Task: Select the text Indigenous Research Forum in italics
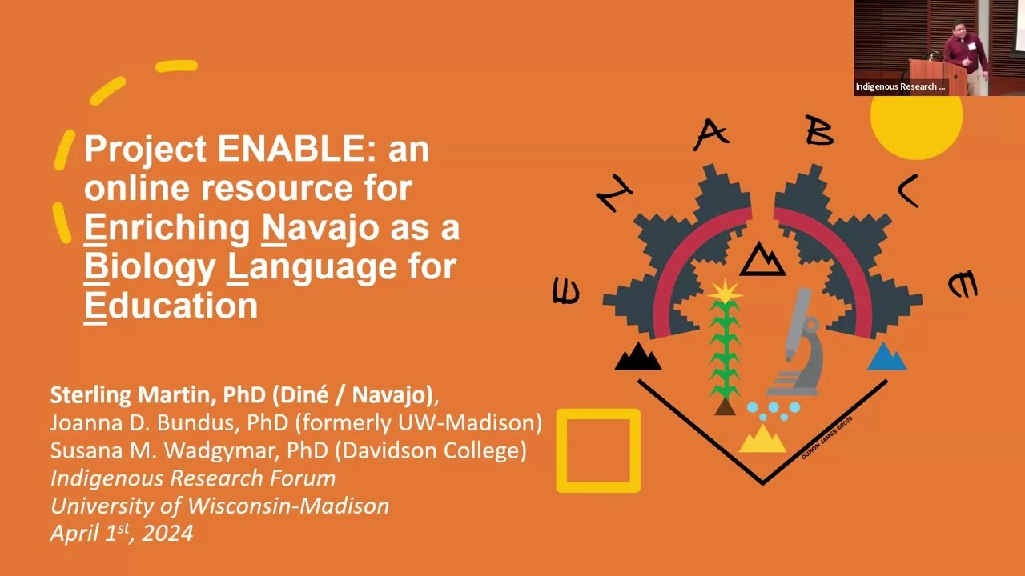click(x=192, y=478)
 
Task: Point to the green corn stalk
click(x=726, y=352)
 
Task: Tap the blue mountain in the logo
click(x=886, y=357)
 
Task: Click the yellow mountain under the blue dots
click(x=762, y=438)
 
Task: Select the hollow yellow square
click(x=598, y=450)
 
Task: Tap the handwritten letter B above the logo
click(x=819, y=130)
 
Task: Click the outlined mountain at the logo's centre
click(x=762, y=260)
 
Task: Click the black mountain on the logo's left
click(x=638, y=357)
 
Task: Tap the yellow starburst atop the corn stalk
click(x=726, y=291)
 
